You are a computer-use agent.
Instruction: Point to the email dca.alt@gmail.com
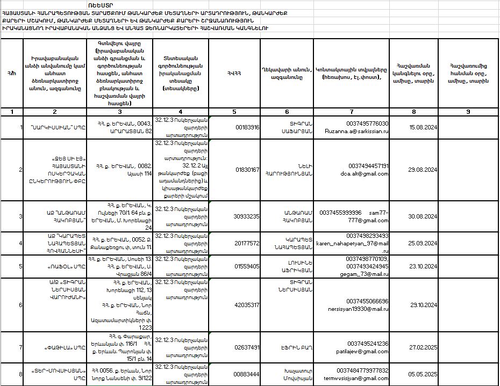click(x=365, y=174)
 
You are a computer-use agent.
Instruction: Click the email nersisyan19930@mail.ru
click(x=358, y=309)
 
